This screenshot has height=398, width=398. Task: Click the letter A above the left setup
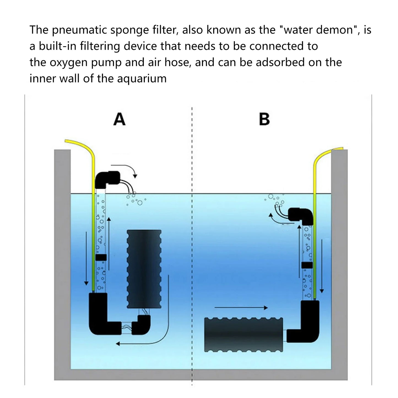(119, 120)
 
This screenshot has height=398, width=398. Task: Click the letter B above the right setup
(264, 120)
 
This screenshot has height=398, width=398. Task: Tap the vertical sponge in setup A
(144, 269)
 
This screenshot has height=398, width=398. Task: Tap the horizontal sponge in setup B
(243, 335)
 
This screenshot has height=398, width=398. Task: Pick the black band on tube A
(101, 257)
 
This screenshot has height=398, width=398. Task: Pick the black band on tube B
(307, 265)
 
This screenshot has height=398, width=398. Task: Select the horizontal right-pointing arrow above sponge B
(241, 308)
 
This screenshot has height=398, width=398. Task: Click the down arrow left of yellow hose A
(86, 259)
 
